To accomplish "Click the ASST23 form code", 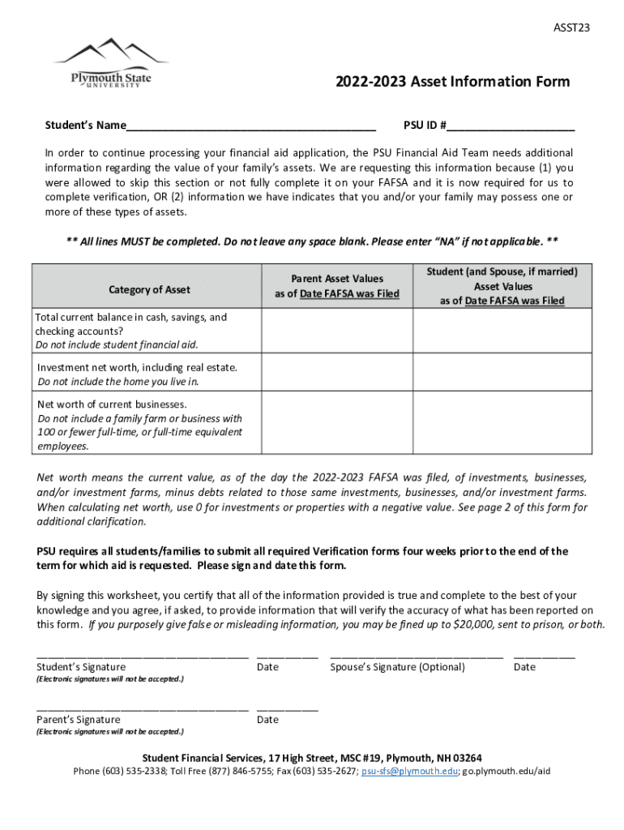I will (571, 28).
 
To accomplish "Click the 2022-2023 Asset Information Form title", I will (452, 82).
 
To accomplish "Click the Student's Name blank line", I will (251, 126).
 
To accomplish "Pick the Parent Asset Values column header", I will (337, 286).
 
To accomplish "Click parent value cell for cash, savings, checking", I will (337, 331).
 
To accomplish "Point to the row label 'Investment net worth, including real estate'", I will (138, 367).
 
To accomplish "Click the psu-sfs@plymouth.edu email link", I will (410, 771).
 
